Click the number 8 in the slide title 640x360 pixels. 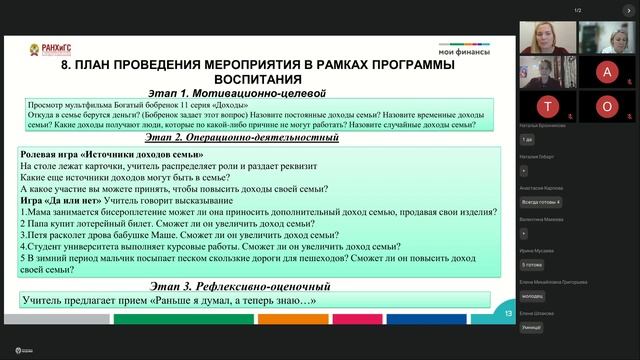[67, 64]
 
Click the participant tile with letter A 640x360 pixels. [607, 72]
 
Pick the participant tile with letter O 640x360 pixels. [607, 105]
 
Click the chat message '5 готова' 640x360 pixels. [532, 264]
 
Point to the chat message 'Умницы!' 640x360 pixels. [532, 327]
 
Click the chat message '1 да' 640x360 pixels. [527, 139]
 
